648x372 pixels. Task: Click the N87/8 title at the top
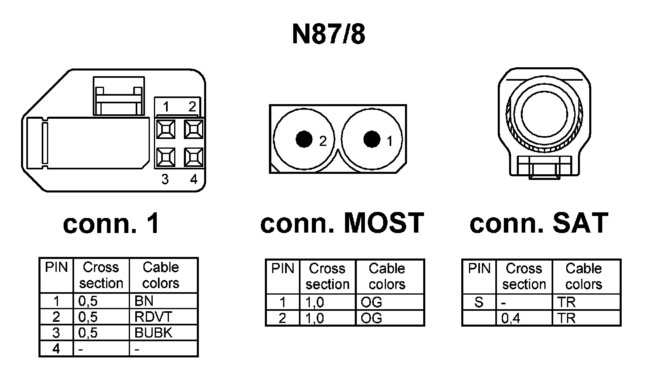[x=328, y=34]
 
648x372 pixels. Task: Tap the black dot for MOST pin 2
[x=304, y=139]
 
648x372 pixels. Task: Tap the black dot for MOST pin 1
[x=371, y=139]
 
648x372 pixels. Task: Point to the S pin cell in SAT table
[x=479, y=302]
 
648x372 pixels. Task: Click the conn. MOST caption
[x=342, y=223]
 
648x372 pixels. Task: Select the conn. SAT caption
[x=539, y=223]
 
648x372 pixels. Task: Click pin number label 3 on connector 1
[x=165, y=179]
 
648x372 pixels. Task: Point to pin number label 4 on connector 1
[x=194, y=179]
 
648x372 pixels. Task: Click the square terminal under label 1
[x=166, y=129]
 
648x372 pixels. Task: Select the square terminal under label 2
[x=194, y=129]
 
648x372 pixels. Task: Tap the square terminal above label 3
[x=166, y=157]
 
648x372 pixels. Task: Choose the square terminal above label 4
[x=194, y=157]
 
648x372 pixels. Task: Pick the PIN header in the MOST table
[x=282, y=269]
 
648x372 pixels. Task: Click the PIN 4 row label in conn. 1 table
[x=56, y=348]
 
